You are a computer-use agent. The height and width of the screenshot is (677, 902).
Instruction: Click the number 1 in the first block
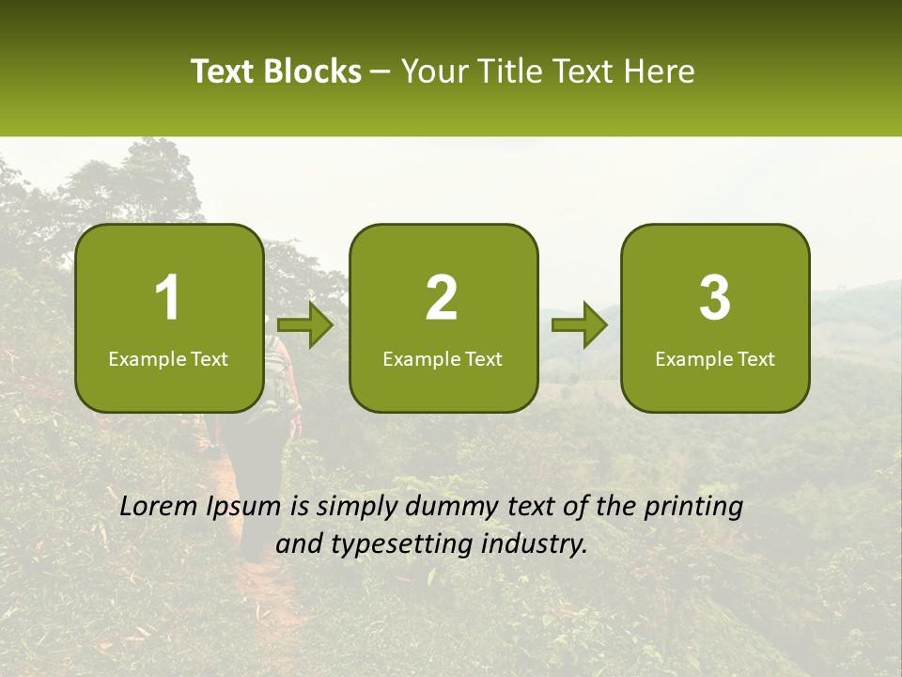pos(168,298)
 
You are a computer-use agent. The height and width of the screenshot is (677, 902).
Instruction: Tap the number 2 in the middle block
pos(442,298)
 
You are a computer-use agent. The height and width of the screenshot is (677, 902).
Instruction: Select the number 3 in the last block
pos(715,298)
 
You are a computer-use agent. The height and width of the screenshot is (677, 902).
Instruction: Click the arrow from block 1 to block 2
pos(306,325)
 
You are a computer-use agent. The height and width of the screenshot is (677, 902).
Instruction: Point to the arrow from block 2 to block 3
pos(580,325)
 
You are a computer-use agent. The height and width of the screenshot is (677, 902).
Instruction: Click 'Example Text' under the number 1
pos(168,358)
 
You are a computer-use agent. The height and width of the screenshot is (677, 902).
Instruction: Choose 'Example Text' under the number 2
pos(443,358)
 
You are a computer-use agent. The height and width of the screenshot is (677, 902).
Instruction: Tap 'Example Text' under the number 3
pos(715,358)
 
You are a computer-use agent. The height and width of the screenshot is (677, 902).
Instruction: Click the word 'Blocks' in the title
pos(312,71)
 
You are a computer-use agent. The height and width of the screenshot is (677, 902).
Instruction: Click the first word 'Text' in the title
pos(224,71)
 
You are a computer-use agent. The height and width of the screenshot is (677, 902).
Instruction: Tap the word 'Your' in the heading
pos(431,71)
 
